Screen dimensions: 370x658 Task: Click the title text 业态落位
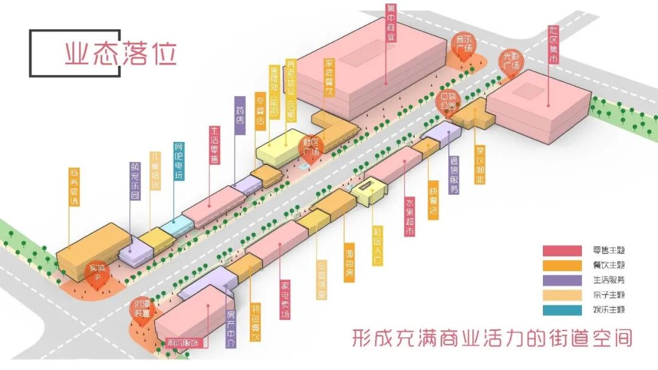click(121, 54)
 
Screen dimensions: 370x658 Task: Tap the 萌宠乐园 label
click(135, 181)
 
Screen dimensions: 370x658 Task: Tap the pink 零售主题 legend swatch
click(562, 251)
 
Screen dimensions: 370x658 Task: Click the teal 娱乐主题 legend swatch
click(562, 310)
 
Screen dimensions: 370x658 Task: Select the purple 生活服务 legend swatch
click(562, 280)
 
